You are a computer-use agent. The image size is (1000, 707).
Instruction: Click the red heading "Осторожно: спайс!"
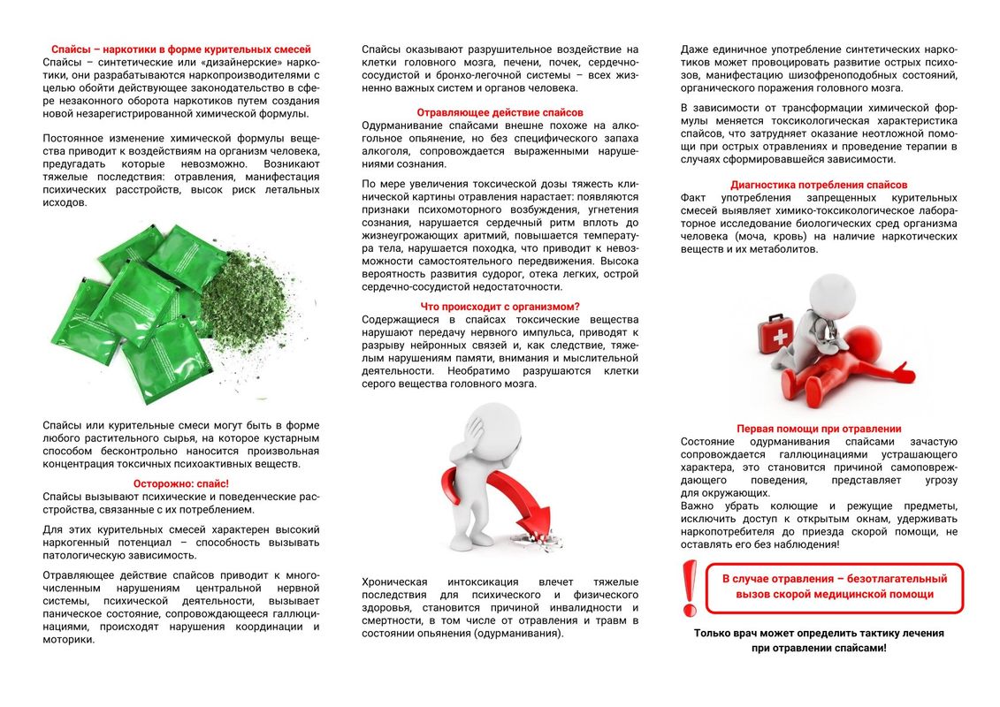pyautogui.click(x=181, y=483)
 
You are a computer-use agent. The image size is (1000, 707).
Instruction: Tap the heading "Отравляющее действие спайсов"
pyautogui.click(x=500, y=112)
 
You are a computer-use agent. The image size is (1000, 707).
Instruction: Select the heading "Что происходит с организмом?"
pyautogui.click(x=500, y=307)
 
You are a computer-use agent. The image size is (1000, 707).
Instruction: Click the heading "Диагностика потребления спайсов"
pyautogui.click(x=819, y=185)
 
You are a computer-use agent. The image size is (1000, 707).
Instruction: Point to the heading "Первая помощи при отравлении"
pyautogui.click(x=819, y=429)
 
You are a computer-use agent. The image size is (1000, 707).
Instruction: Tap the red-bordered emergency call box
pyautogui.click(x=834, y=587)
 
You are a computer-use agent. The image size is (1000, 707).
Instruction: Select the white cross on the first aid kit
pyautogui.click(x=780, y=338)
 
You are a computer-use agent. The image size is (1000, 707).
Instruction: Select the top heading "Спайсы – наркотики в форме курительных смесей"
pyautogui.click(x=181, y=49)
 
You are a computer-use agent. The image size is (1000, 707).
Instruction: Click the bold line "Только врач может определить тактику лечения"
pyautogui.click(x=819, y=633)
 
